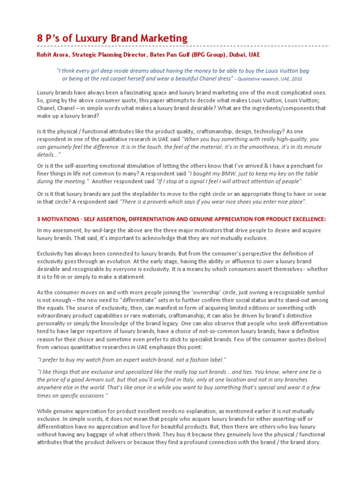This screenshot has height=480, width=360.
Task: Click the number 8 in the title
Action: (40, 38)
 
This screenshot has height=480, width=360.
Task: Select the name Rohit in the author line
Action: (45, 55)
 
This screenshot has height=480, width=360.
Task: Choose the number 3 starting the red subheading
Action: (39, 219)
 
